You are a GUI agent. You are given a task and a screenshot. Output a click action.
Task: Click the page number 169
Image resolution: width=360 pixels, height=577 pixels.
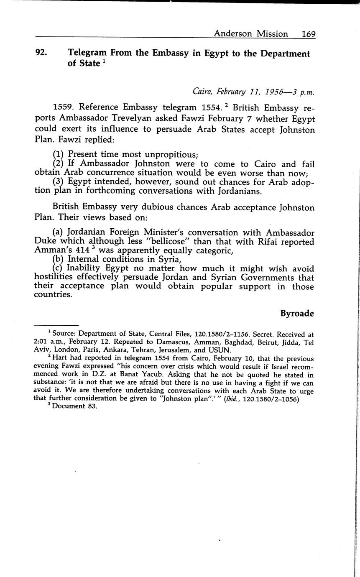tap(309, 34)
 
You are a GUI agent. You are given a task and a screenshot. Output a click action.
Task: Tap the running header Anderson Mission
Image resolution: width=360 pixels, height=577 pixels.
tap(251, 34)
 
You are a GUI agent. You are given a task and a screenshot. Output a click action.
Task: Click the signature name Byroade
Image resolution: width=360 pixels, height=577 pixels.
tap(297, 314)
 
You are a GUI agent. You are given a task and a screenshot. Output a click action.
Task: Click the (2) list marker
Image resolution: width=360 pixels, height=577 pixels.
tap(59, 164)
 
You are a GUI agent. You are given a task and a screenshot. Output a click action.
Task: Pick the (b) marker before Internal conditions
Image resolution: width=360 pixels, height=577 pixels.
tap(59, 260)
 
